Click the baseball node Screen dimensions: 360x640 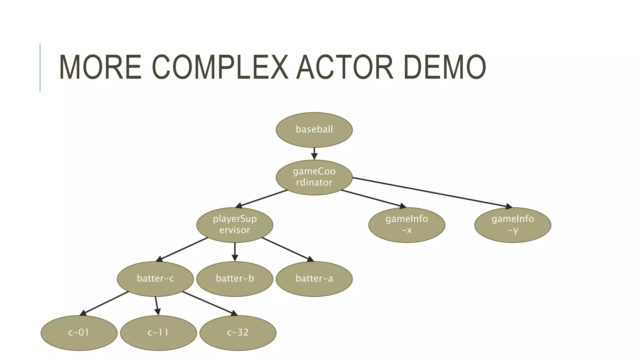point(314,130)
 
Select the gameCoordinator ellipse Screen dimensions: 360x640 point(314,177)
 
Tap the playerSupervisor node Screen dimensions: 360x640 point(235,225)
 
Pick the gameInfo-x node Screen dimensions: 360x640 point(407,225)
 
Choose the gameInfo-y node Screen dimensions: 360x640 point(512,225)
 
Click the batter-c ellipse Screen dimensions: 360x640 point(155,279)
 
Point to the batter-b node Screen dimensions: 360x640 point(235,279)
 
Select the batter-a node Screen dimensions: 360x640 point(314,279)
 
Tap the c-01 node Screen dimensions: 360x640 point(79,333)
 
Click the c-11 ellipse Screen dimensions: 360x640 point(158,333)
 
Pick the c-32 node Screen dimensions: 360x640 point(238,333)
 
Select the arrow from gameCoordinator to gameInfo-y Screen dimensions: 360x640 point(431,192)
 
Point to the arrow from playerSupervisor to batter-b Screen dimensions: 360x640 point(235,252)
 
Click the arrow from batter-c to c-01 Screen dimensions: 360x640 point(105,303)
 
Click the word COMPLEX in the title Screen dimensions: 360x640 point(220,67)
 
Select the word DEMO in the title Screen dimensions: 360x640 point(444,67)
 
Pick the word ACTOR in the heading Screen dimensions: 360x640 point(345,67)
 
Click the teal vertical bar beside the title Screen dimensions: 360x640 point(40,67)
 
